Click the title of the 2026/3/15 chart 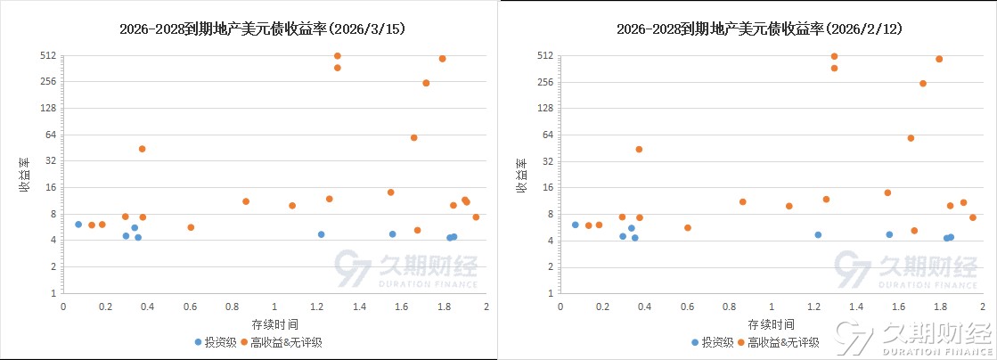tap(262, 29)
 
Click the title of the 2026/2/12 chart tap(759, 29)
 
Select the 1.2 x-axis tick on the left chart tap(317, 307)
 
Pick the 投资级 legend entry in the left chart tap(216, 341)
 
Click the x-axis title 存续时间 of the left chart tap(274, 323)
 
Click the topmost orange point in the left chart tap(338, 56)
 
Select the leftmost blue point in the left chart tap(78, 225)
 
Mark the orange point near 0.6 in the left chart tap(191, 227)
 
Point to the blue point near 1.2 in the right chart tap(818, 234)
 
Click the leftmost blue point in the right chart tap(576, 225)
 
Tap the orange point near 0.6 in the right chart tap(688, 227)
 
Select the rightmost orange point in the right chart tap(973, 217)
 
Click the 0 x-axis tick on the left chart tap(63, 307)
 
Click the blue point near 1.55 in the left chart tap(392, 234)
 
